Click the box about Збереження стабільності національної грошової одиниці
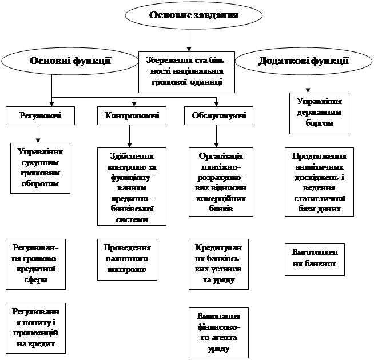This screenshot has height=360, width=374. click(186, 71)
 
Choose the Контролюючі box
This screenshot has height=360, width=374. click(132, 116)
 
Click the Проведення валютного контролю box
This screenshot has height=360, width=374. click(127, 259)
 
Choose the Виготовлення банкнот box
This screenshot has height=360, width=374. click(315, 258)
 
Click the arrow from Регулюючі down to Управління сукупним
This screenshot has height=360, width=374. click(38, 133)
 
